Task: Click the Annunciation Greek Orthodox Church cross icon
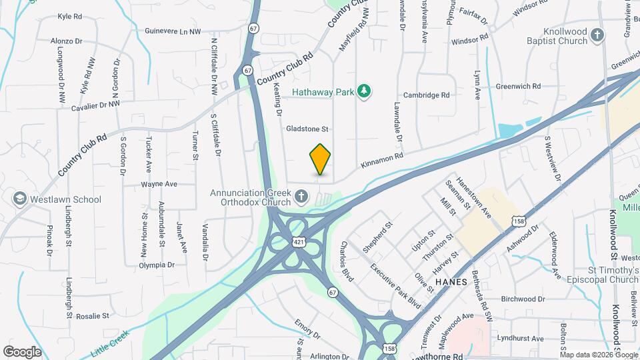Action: tap(302, 196)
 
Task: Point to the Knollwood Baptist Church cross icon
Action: tap(598, 35)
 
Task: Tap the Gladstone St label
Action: tap(308, 128)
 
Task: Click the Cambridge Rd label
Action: tap(426, 95)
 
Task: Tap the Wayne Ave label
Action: tap(159, 184)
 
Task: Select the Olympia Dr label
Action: tap(156, 265)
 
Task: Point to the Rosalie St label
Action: tap(92, 315)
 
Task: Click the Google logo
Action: tap(22, 351)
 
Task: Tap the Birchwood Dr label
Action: tap(523, 299)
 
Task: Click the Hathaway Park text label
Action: tap(322, 92)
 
